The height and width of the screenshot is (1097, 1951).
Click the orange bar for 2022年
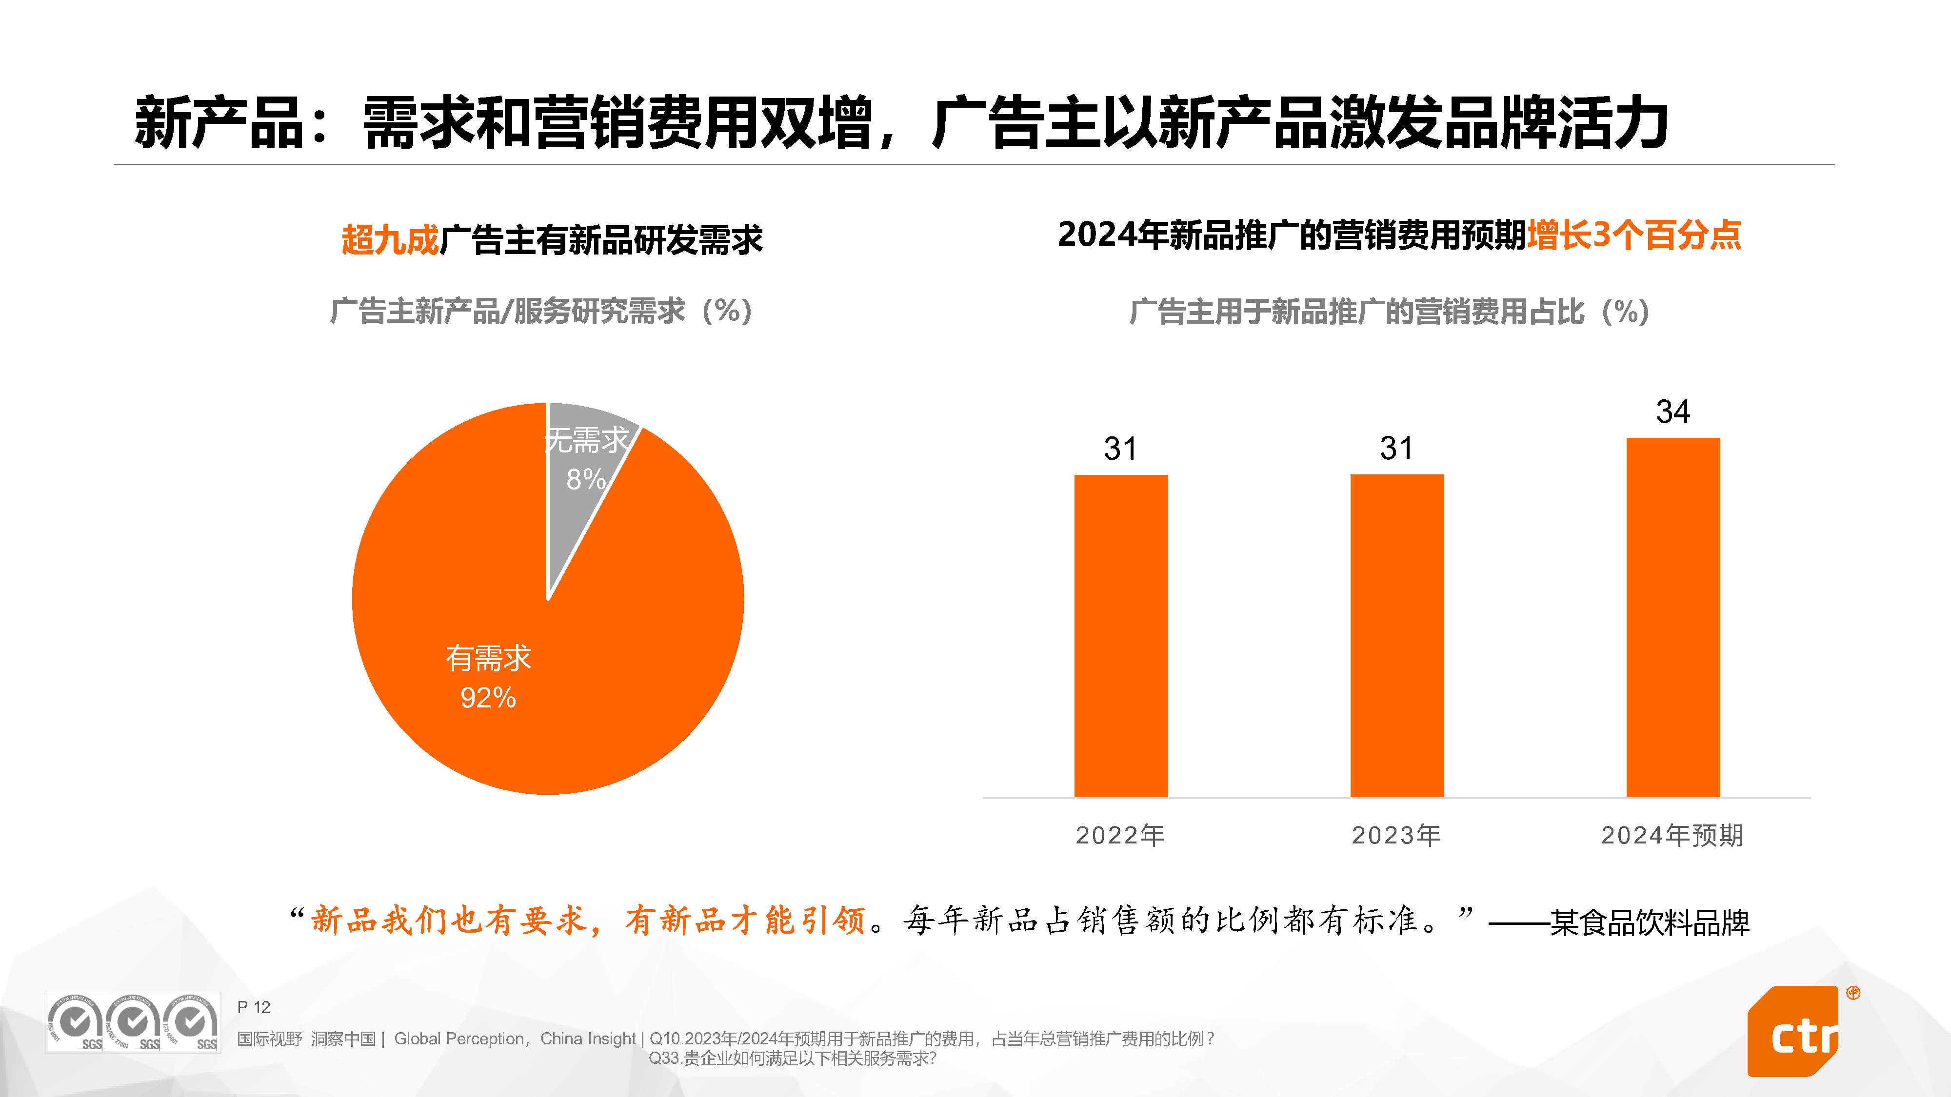(1120, 635)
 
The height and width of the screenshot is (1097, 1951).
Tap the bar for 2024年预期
(1672, 617)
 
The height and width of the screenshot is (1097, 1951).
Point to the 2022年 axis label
(1120, 835)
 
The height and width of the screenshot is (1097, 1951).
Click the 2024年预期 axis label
(1672, 835)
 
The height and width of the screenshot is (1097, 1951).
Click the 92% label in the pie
(489, 697)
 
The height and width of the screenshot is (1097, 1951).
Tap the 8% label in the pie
(585, 479)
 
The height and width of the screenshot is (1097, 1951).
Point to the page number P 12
(254, 1007)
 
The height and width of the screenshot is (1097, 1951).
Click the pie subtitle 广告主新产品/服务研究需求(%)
(541, 311)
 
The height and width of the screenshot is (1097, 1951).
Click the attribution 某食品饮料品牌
(1650, 922)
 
